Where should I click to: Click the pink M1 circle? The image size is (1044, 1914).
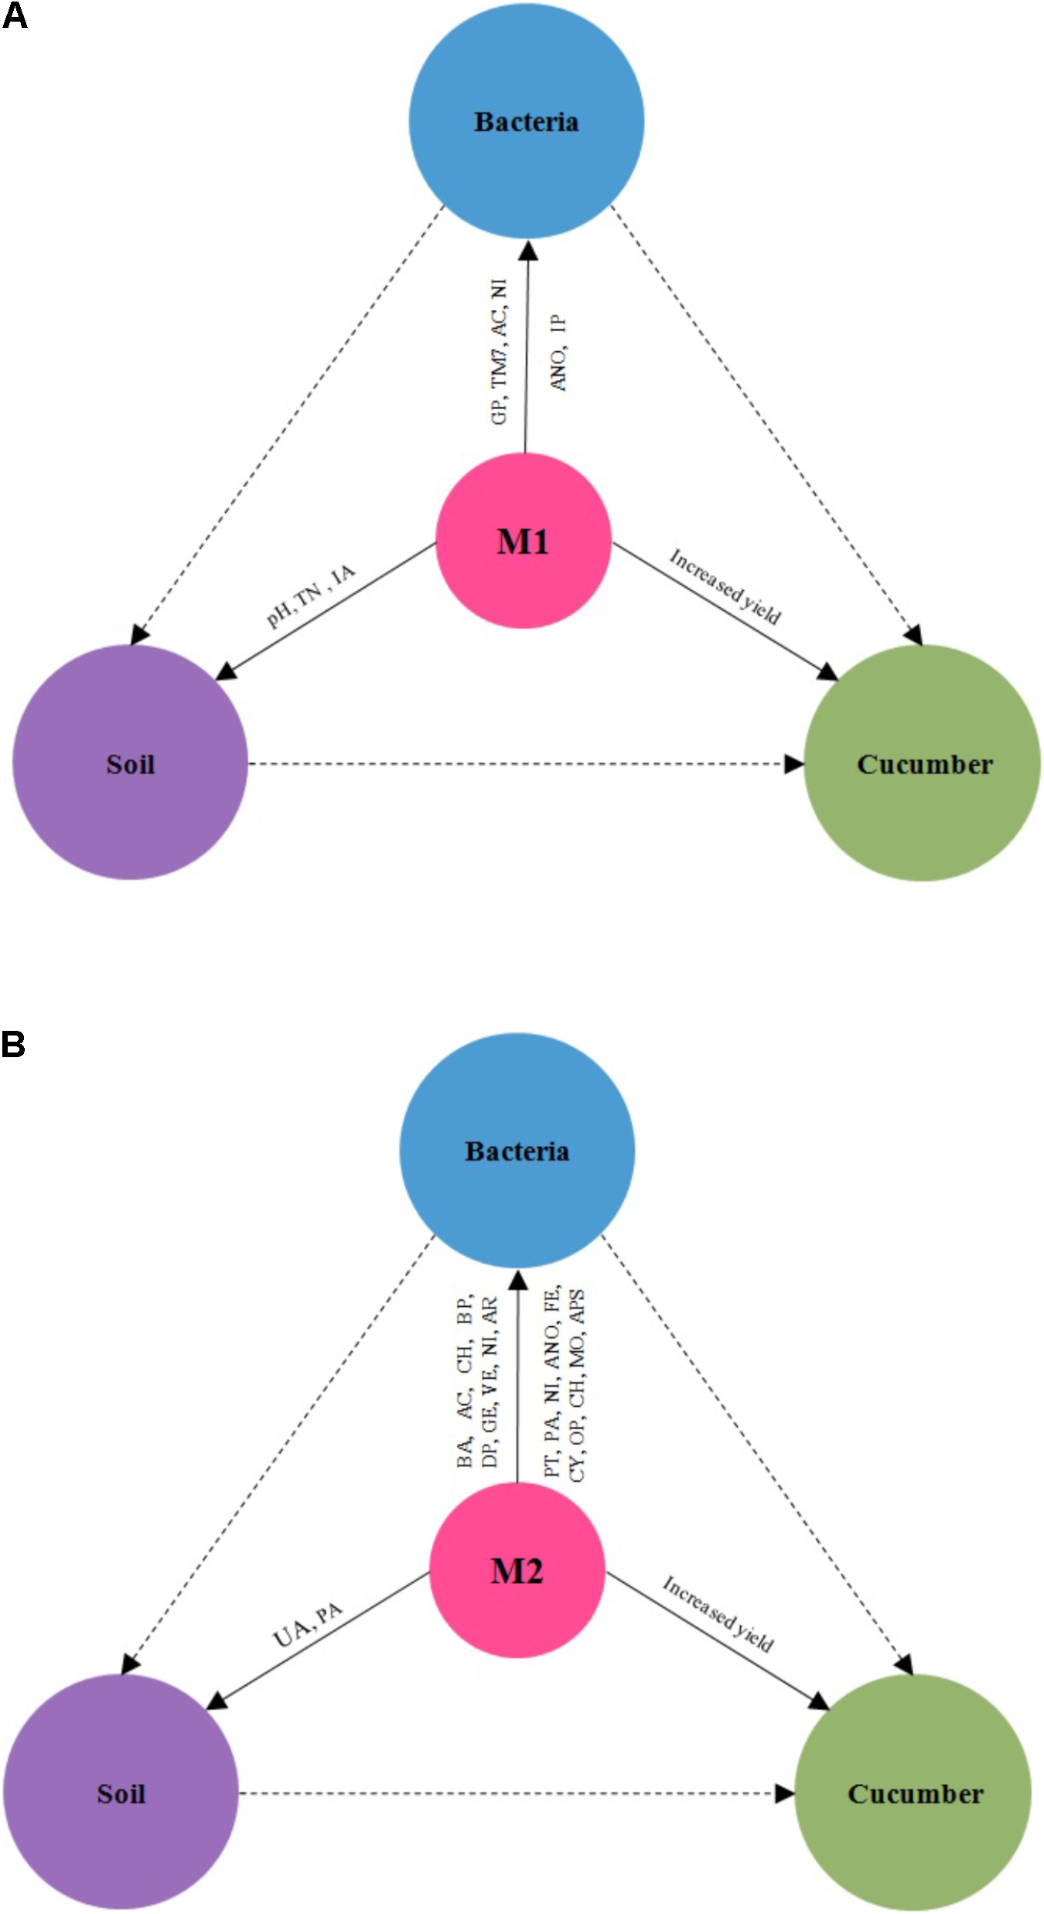(524, 541)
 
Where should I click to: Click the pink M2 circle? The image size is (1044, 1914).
(517, 1569)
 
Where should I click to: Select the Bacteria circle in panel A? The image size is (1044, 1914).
(527, 121)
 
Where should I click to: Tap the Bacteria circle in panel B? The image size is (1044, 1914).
(517, 1151)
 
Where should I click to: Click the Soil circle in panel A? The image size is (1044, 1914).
(130, 763)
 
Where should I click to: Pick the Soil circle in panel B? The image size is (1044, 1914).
(121, 1793)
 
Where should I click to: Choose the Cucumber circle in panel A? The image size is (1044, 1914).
(923, 763)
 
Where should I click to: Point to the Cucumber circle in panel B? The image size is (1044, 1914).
(913, 1793)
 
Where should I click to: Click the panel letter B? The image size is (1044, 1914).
(13, 1044)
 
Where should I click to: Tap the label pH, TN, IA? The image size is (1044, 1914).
(311, 595)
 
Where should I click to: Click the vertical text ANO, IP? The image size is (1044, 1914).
(558, 353)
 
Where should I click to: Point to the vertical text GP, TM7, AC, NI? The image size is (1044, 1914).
(500, 353)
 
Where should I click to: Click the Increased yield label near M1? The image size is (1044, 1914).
(725, 586)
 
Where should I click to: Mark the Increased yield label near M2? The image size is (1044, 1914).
(718, 1615)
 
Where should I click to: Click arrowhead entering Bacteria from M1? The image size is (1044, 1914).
(528, 251)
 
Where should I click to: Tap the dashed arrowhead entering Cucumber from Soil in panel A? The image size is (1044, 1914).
(793, 764)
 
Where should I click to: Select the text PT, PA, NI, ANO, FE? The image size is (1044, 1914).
(551, 1382)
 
